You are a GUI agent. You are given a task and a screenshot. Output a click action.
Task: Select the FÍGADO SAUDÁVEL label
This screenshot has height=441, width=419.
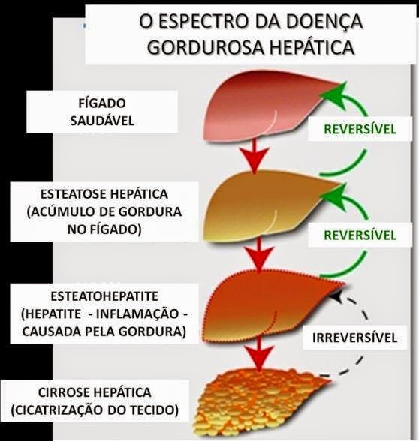(x=102, y=112)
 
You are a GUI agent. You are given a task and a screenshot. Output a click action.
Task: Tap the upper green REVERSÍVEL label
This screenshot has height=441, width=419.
(x=360, y=129)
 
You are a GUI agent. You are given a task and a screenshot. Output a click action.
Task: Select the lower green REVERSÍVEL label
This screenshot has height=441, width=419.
(x=360, y=235)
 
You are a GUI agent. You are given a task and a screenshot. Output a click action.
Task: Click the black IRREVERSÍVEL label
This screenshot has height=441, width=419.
(x=354, y=337)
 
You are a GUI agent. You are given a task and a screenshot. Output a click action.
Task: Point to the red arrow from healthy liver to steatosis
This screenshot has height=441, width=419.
(x=255, y=155)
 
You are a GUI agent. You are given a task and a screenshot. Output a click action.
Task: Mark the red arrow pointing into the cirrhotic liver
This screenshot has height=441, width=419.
(x=259, y=355)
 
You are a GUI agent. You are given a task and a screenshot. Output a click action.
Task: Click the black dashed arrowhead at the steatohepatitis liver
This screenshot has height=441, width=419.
(x=336, y=297)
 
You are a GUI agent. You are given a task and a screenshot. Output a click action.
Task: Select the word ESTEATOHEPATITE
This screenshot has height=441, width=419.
(x=104, y=296)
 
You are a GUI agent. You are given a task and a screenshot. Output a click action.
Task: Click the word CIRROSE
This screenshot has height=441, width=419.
(x=66, y=393)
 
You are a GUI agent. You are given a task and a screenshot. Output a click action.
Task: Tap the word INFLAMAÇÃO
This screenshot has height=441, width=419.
(x=137, y=313)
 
